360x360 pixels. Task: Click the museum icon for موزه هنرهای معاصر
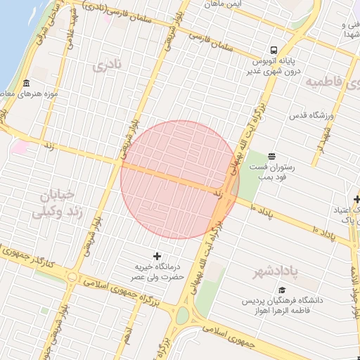[x=26, y=84]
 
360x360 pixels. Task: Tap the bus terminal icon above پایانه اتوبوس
[x=273, y=50]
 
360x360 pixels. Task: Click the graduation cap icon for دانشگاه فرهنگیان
[x=282, y=290]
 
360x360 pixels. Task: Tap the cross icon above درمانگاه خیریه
[x=156, y=255]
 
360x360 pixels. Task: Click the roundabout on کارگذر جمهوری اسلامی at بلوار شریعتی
[x=72, y=277]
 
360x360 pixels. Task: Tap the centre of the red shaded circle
[x=180, y=180]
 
